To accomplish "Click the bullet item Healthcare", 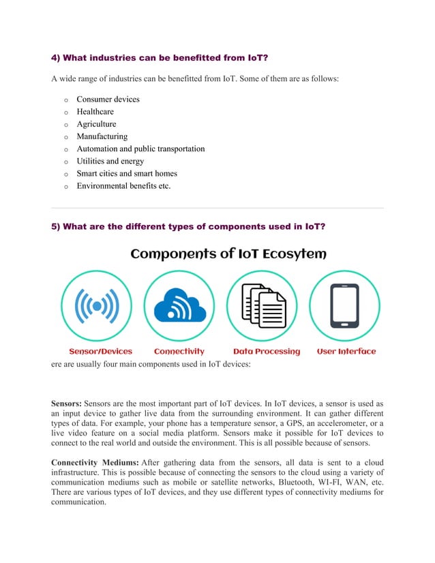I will point(95,112).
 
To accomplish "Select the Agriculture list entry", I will point(96,124).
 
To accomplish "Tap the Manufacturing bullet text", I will point(102,136).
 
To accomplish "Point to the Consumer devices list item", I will point(108,100).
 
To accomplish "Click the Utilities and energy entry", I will point(110,161).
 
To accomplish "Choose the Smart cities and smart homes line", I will point(126,173).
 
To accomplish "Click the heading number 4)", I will point(57,57).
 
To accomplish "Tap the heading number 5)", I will point(57,227).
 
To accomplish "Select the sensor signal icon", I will point(97,307).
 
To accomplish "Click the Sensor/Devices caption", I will point(100,352).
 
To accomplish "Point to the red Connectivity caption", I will point(179,352).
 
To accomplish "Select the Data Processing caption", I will point(267,352).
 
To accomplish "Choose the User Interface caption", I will point(346,352).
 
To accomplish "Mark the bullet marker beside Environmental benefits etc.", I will point(66,186).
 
